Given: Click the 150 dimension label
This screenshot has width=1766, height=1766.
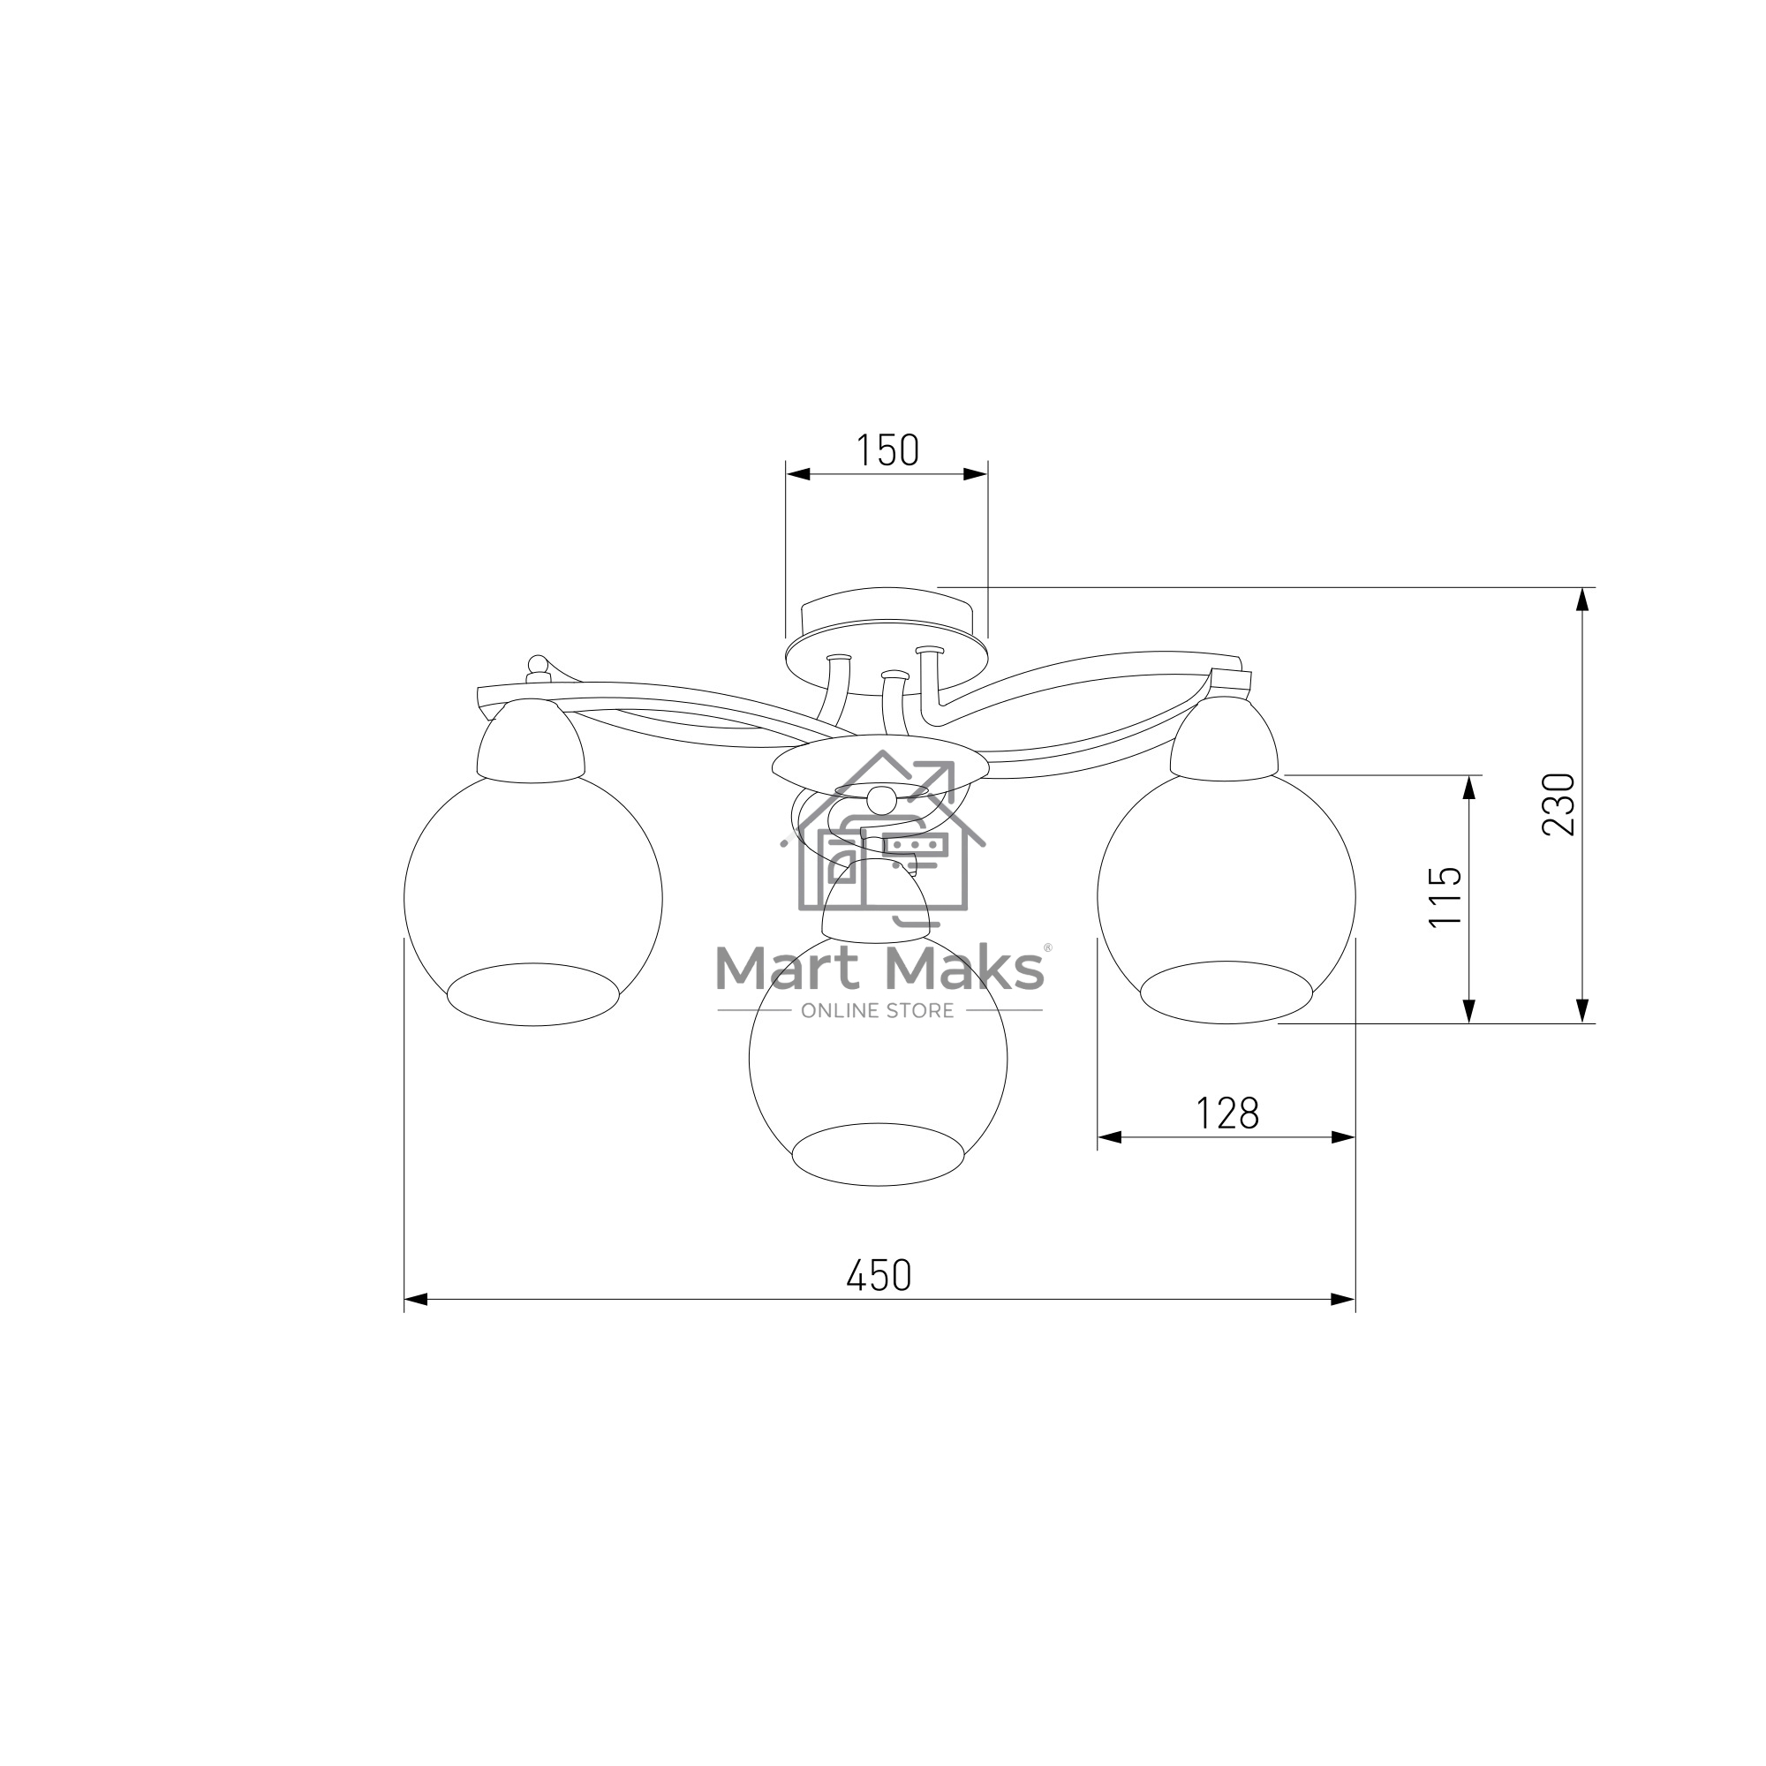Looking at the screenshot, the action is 887,450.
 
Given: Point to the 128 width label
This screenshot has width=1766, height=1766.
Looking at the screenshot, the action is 1227,1113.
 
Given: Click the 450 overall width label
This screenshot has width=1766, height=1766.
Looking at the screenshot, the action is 879,1276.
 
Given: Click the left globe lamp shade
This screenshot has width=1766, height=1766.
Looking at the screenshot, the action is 533,901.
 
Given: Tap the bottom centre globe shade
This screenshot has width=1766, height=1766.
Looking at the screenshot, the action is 878,1060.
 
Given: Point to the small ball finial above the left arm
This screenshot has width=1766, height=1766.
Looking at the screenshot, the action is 539,665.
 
